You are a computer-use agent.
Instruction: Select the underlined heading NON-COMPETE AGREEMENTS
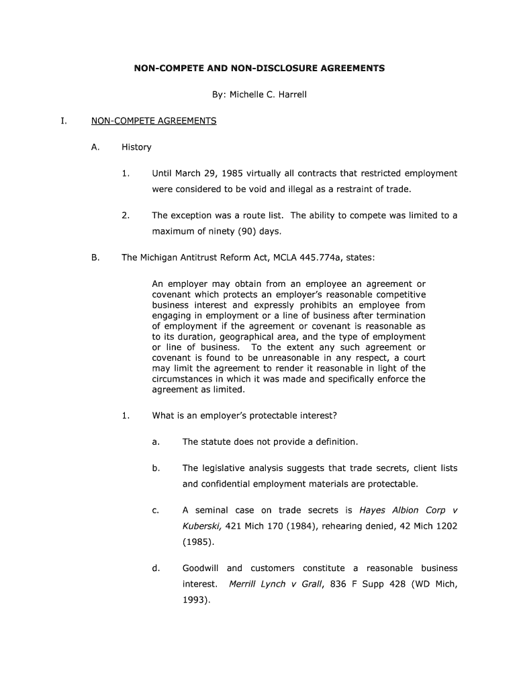coord(154,121)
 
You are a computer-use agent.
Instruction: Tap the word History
coord(136,147)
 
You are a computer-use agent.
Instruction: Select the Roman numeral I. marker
coord(63,121)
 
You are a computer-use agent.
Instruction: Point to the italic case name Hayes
coord(373,511)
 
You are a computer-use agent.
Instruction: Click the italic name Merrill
coord(245,584)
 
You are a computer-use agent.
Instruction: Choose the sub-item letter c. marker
coord(156,511)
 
